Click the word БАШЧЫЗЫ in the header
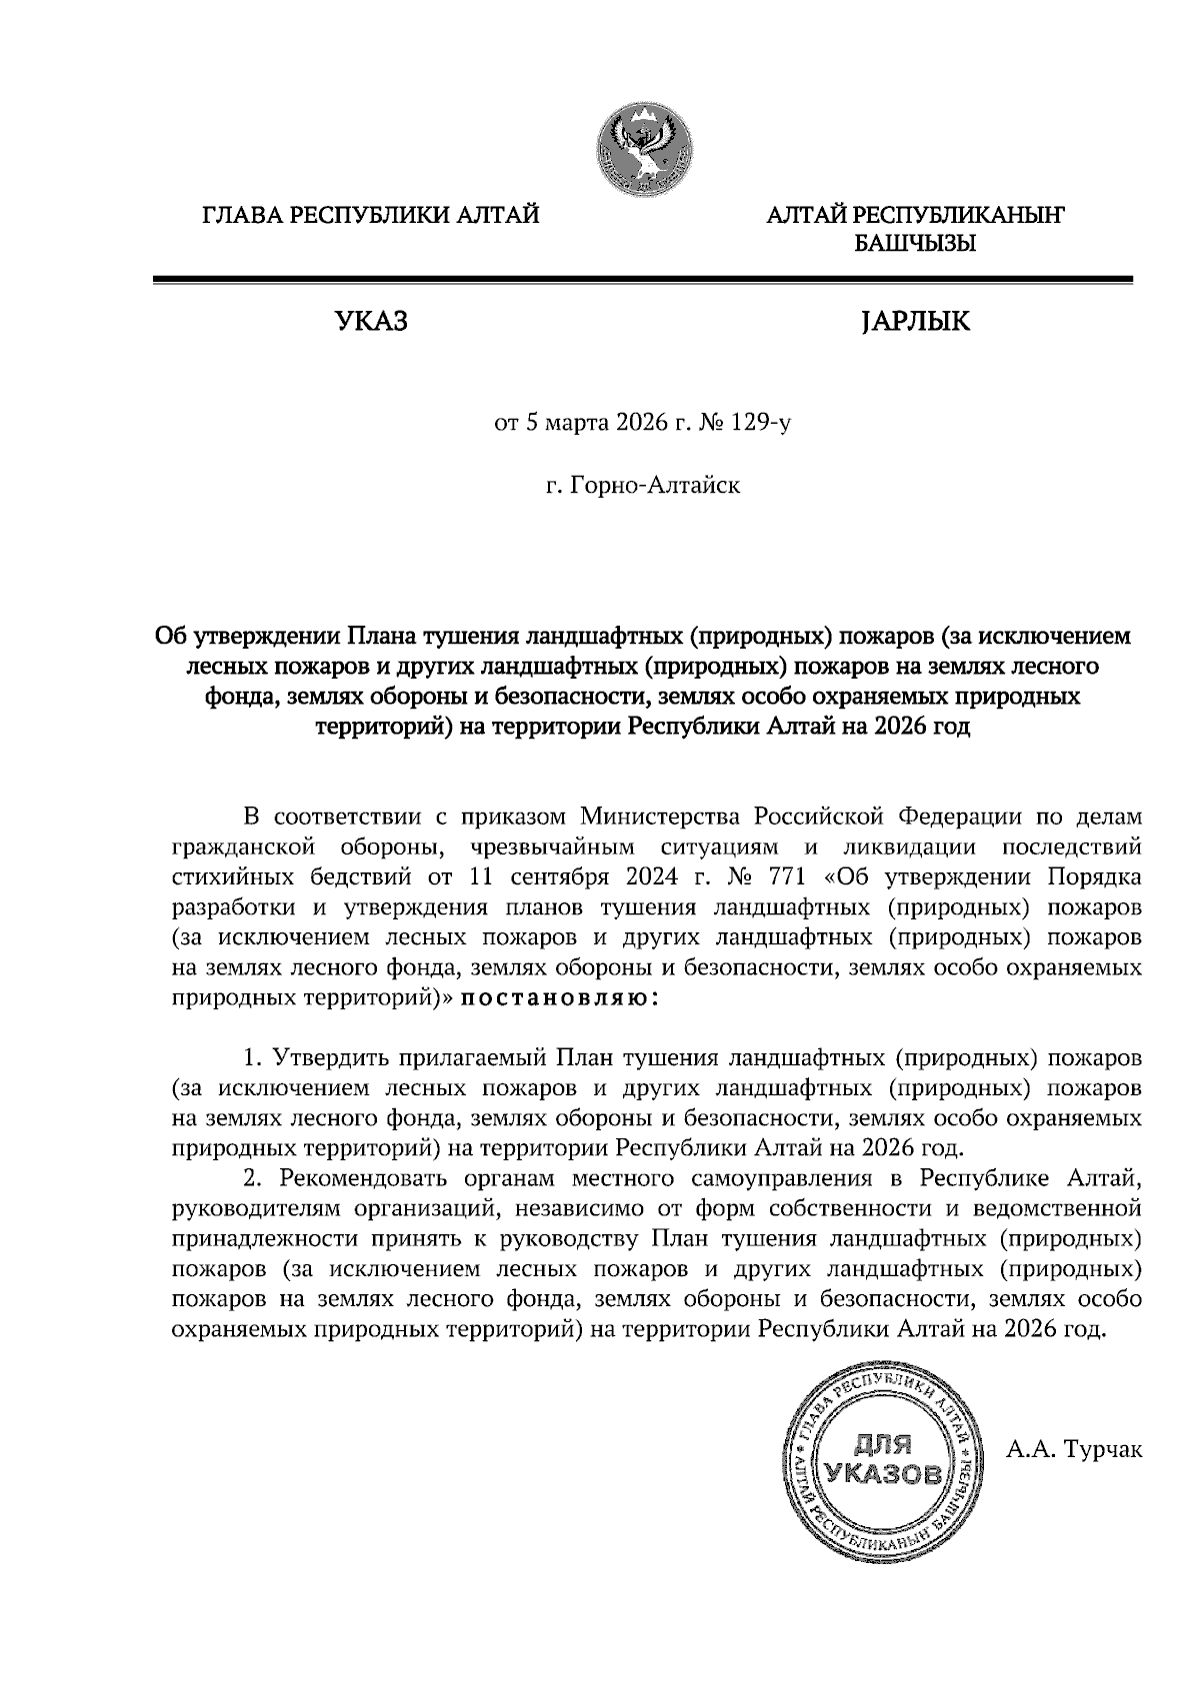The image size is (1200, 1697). (x=914, y=243)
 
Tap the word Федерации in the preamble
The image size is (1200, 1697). (x=960, y=817)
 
